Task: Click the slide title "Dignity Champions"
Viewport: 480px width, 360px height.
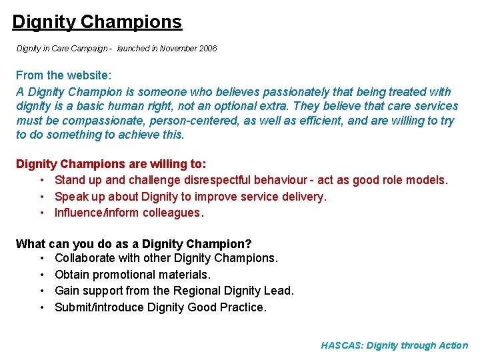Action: click(x=97, y=22)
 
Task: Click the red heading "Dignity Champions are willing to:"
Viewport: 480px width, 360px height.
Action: click(x=111, y=164)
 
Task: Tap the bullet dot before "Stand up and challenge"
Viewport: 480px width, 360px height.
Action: click(x=41, y=181)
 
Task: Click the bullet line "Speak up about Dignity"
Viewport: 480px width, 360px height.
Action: click(x=190, y=197)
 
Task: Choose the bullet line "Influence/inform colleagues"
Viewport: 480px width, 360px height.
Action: click(x=129, y=213)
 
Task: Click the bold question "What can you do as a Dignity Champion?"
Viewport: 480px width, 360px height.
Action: click(x=133, y=244)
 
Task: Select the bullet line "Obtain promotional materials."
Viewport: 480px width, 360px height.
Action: click(x=133, y=275)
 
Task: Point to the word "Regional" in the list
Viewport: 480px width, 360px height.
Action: click(x=195, y=291)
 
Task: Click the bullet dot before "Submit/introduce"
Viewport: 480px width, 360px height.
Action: click(x=41, y=307)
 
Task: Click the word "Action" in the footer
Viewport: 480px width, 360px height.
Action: click(x=453, y=345)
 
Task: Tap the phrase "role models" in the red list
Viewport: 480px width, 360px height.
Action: click(x=417, y=181)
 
